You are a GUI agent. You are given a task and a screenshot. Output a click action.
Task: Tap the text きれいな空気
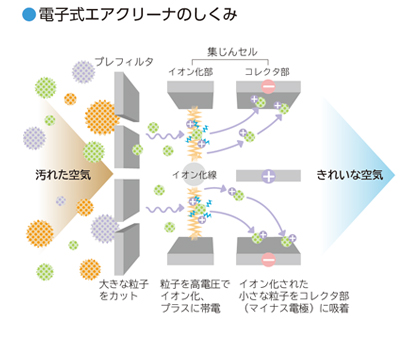click(x=347, y=175)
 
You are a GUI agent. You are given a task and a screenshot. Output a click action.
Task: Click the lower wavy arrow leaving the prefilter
click(x=160, y=209)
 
